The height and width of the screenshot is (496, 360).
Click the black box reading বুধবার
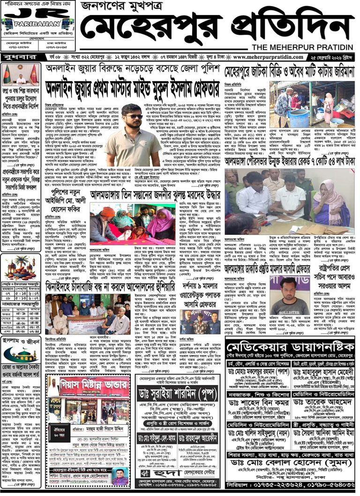[18, 57]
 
